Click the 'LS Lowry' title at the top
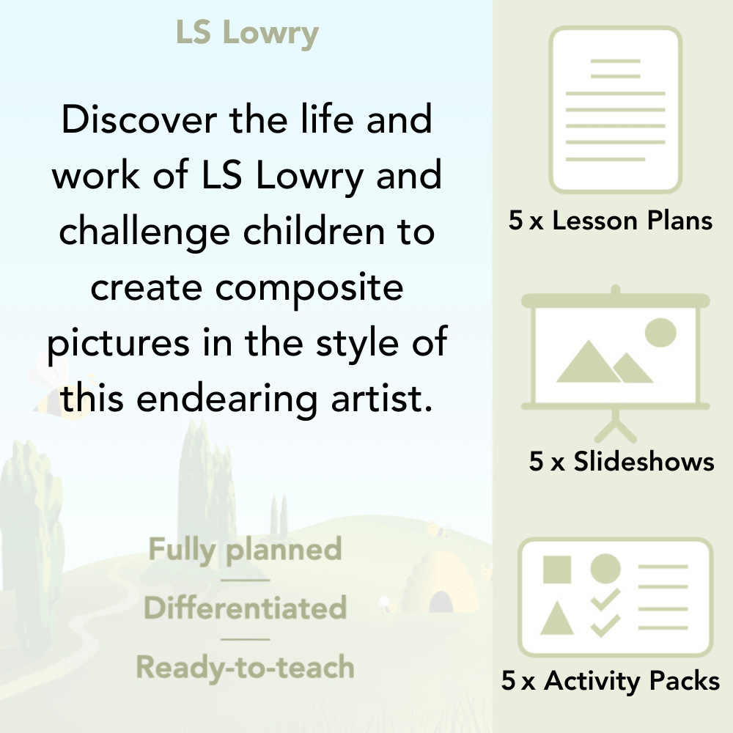247,33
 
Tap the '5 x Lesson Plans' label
611,221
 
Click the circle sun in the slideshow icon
660,332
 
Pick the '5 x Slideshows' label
622,461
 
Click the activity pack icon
616,597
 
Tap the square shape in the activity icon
557,569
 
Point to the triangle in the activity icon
556,619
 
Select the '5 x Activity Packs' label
611,681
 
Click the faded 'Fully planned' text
245,550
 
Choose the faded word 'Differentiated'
245,608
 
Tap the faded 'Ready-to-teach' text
245,668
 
